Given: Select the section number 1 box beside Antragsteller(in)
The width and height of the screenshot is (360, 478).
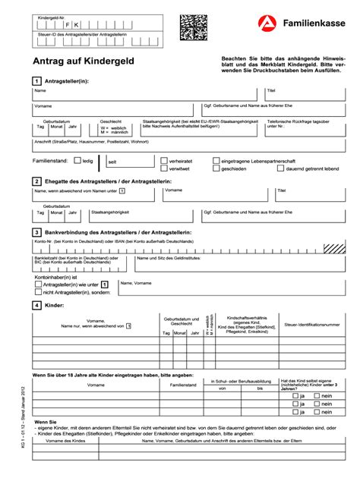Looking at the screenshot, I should tap(36, 80).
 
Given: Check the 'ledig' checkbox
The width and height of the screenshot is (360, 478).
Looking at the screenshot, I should tap(77, 161).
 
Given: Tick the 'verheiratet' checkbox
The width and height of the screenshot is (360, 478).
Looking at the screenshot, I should tap(164, 161).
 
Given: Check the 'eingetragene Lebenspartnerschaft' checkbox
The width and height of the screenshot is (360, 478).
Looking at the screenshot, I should tap(216, 161).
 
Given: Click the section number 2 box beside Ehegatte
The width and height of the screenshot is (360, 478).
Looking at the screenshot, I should tap(36, 181).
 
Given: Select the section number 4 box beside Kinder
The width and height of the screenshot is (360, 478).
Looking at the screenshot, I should tap(36, 305).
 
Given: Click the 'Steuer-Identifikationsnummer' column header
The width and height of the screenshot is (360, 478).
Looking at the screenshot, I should tap(302, 325).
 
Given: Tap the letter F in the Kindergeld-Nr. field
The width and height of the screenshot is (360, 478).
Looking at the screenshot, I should tap(66, 25).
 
